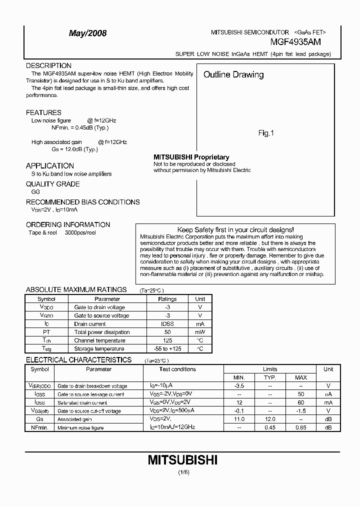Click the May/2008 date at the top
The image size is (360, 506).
coord(87,33)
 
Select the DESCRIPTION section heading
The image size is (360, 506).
coord(48,65)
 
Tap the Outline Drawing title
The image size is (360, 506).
coord(233,75)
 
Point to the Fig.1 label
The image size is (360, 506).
coord(266,133)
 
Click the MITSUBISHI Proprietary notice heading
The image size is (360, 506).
coord(191,157)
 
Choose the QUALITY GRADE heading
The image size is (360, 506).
coord(52,184)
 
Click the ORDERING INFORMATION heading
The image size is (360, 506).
coord(68,224)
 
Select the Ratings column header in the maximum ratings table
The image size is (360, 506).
coord(167,299)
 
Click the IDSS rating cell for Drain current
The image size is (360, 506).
coord(167,324)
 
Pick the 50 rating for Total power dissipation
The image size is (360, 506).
coord(167,332)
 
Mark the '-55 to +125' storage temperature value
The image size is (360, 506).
coord(167,348)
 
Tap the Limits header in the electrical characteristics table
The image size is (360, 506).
coord(270,369)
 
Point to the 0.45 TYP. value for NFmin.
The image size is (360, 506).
coord(270,427)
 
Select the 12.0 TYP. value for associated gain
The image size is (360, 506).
coord(270,419)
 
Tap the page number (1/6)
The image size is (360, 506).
coord(182,472)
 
